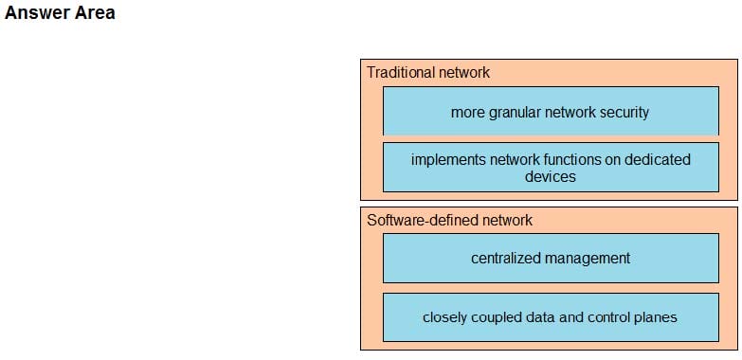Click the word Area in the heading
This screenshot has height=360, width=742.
point(94,13)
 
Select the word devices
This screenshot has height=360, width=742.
point(551,176)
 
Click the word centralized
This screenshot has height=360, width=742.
point(509,258)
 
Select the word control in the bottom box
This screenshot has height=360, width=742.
point(607,317)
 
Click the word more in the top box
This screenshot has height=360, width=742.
point(467,112)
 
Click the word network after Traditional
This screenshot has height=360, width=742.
point(464,72)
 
